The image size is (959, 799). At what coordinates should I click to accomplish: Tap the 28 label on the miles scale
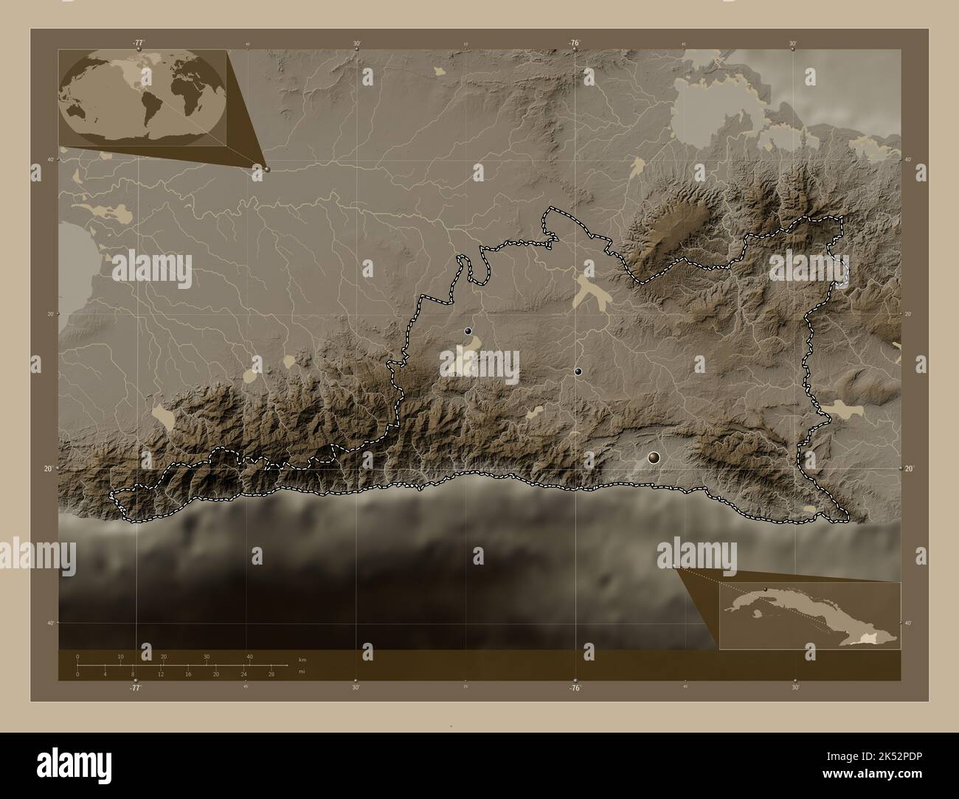(x=271, y=674)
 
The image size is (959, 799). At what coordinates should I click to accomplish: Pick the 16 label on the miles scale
(x=188, y=674)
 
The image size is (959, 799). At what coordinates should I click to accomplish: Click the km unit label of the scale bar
(x=302, y=659)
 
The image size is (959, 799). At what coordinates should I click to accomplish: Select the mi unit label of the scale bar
(x=302, y=672)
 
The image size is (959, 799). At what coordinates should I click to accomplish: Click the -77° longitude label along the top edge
(x=138, y=43)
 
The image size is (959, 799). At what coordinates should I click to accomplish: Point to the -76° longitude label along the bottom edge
(x=575, y=688)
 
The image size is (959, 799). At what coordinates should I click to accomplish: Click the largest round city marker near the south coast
(x=653, y=458)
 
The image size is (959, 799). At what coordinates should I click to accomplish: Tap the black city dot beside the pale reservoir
(x=468, y=332)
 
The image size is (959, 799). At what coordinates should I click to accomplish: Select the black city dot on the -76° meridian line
(x=578, y=372)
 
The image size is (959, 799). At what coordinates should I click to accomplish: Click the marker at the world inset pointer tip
(x=266, y=169)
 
